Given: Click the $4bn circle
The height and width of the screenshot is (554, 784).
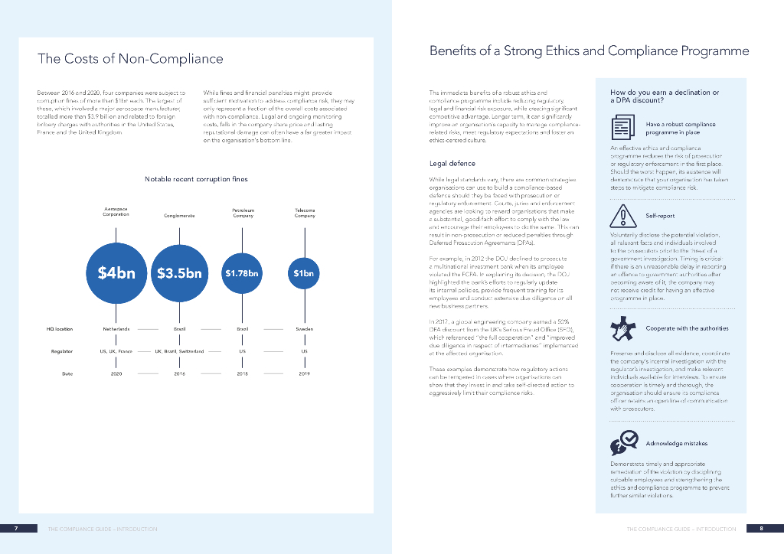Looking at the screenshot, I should (116, 272).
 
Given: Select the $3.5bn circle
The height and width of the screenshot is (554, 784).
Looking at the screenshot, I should (179, 272).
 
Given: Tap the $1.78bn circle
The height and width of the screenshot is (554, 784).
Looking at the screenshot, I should (242, 272).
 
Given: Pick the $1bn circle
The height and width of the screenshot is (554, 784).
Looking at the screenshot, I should (304, 272).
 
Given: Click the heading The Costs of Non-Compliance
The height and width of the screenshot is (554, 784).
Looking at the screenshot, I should (130, 59).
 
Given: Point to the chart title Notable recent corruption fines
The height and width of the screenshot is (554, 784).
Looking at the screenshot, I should (196, 179).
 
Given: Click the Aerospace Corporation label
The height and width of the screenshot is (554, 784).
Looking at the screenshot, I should (116, 212).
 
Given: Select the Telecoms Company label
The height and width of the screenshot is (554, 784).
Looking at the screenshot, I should (305, 213).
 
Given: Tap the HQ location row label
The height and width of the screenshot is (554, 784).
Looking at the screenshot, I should (60, 329).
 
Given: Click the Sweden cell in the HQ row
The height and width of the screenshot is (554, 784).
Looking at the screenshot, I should (304, 329).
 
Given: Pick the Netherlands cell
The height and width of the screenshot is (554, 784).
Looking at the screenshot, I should (116, 329).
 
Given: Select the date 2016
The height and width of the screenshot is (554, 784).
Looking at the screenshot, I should (179, 374).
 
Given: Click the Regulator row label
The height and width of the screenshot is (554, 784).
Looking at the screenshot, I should (61, 351).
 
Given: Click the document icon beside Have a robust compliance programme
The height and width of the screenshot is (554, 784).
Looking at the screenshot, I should (621, 127).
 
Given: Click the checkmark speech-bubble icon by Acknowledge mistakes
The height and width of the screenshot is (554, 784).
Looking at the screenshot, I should (623, 442).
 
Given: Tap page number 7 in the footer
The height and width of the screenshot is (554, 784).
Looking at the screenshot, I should (15, 529).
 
